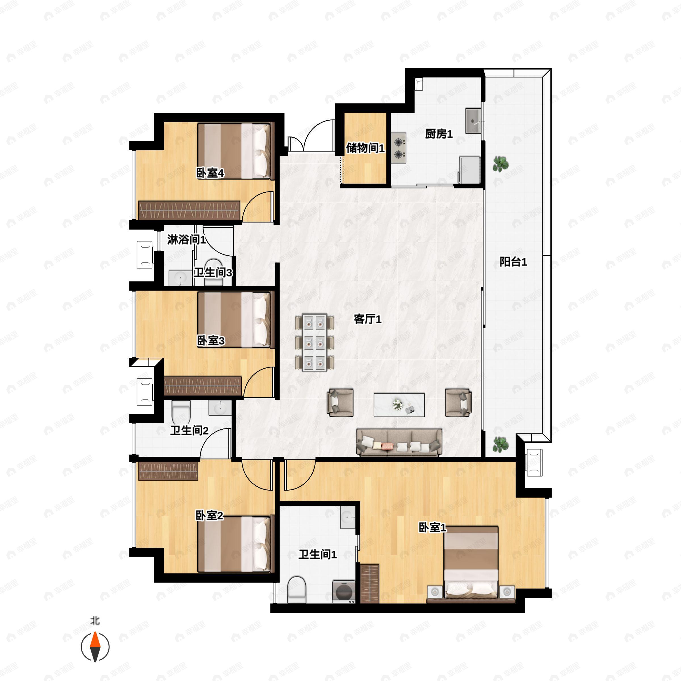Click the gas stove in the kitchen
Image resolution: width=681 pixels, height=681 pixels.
pyautogui.click(x=399, y=148)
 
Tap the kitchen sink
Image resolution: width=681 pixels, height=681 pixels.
pyautogui.click(x=473, y=121)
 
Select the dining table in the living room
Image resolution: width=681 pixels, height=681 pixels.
pyautogui.click(x=314, y=342)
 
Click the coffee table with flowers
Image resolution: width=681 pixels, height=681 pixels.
pyautogui.click(x=399, y=405)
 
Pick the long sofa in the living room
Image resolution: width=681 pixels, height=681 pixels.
pyautogui.click(x=399, y=442)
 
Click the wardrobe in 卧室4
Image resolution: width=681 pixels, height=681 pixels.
pyautogui.click(x=189, y=211)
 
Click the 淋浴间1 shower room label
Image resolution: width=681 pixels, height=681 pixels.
pyautogui.click(x=186, y=240)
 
